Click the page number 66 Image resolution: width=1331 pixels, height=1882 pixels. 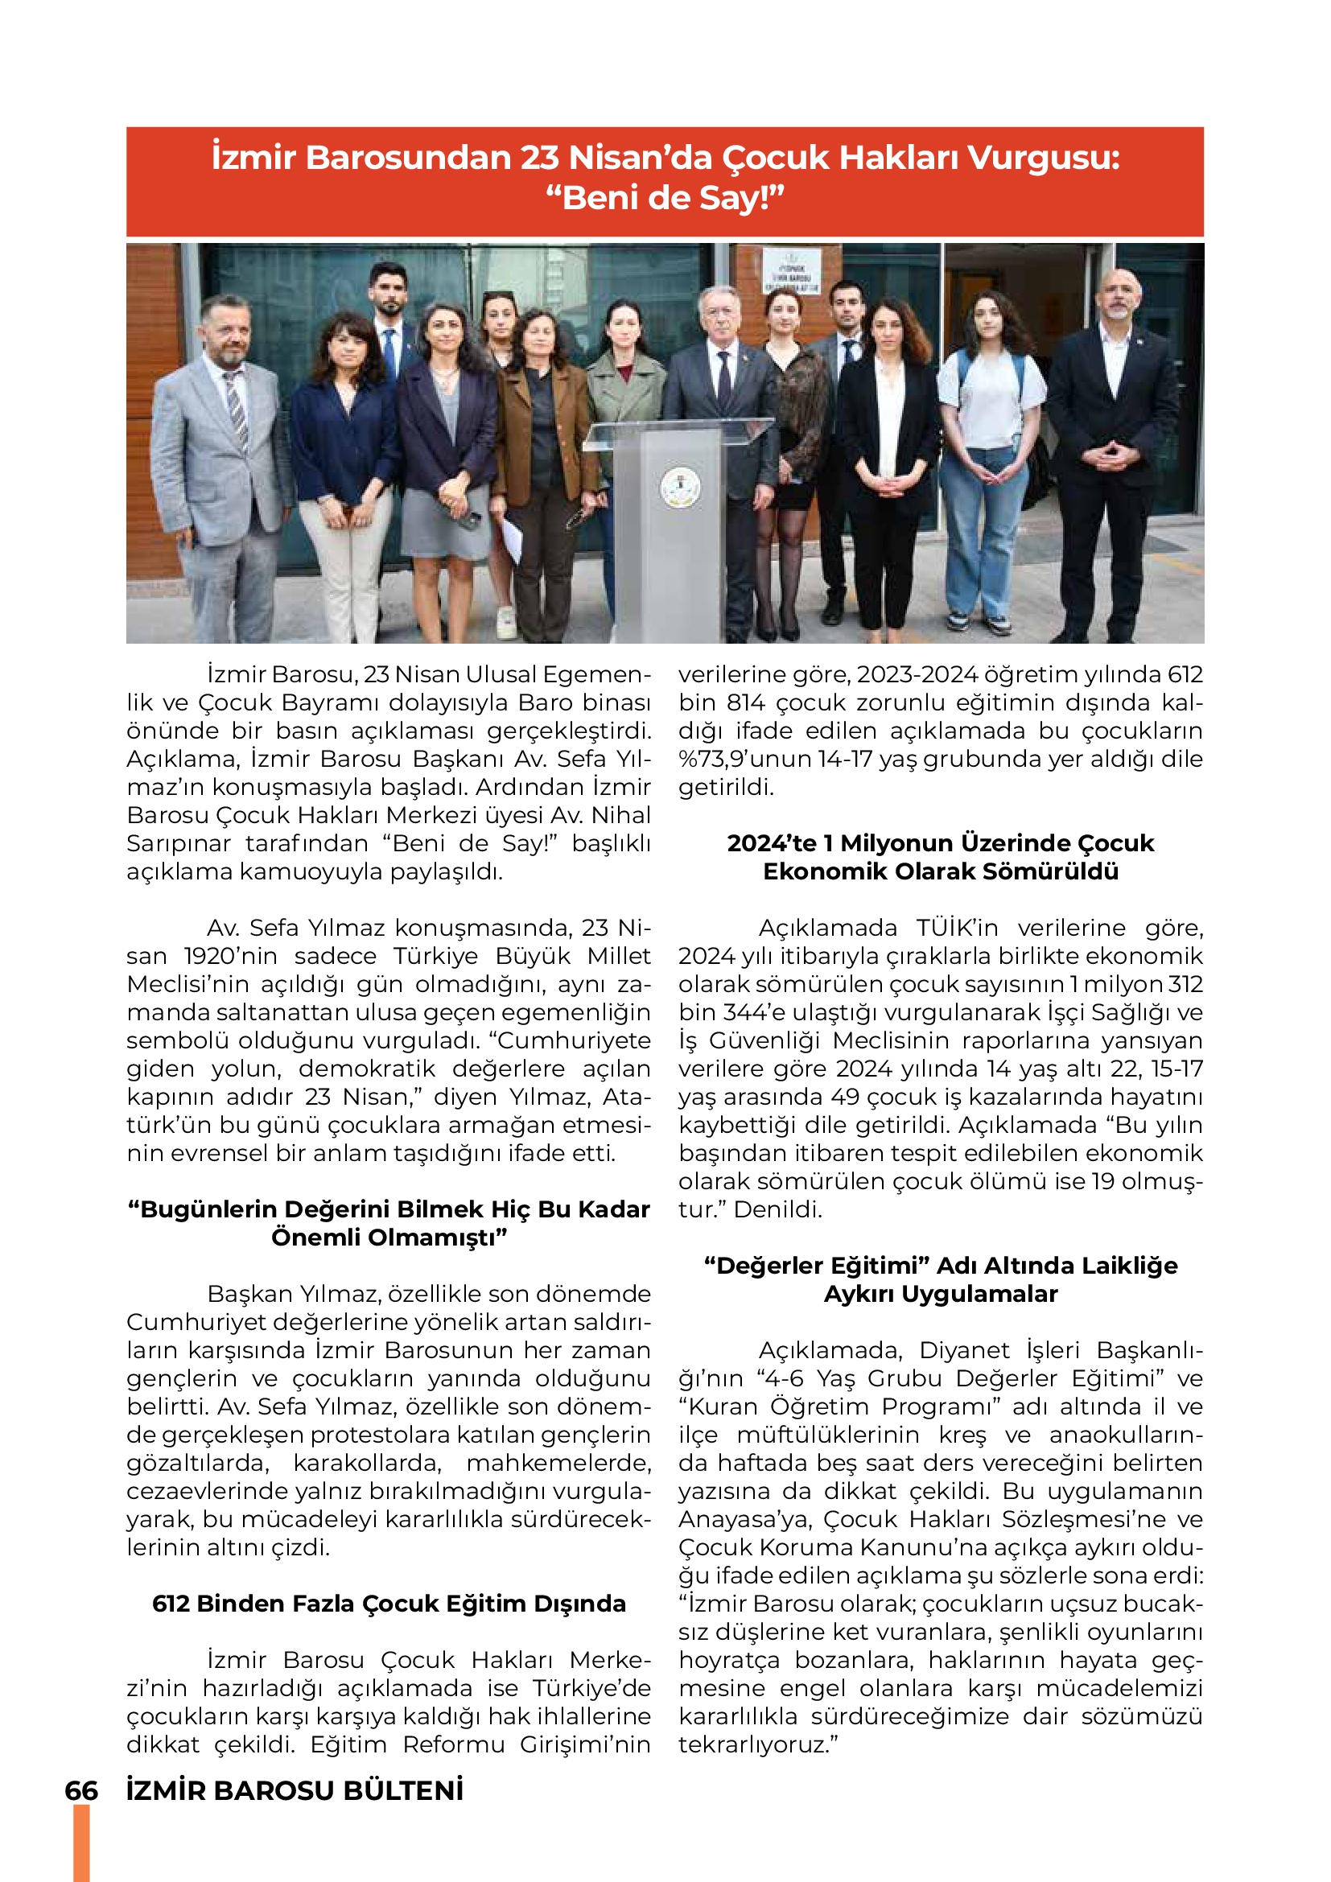click(x=81, y=1790)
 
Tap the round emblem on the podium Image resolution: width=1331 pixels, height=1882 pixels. click(x=680, y=488)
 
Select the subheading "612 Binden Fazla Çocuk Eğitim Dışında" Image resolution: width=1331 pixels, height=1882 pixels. click(x=389, y=1604)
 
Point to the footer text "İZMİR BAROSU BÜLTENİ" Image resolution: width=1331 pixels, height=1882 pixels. click(x=295, y=1790)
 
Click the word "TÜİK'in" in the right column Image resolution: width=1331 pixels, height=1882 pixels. click(x=957, y=928)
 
